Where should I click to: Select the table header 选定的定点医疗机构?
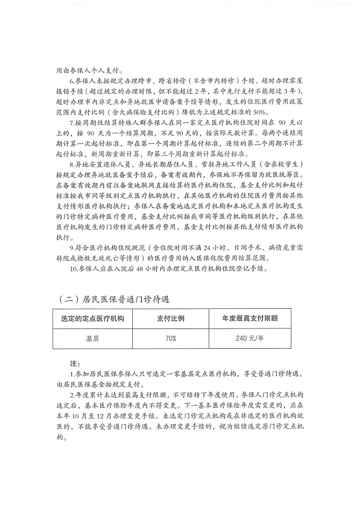point(88,318)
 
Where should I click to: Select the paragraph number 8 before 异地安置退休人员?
point(69,163)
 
